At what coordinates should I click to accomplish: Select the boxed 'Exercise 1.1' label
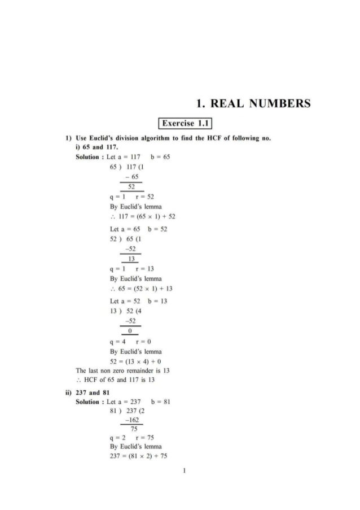click(x=186, y=123)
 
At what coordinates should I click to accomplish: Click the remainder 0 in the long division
click(x=130, y=330)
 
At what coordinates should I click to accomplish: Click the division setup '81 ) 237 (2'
click(x=129, y=411)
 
